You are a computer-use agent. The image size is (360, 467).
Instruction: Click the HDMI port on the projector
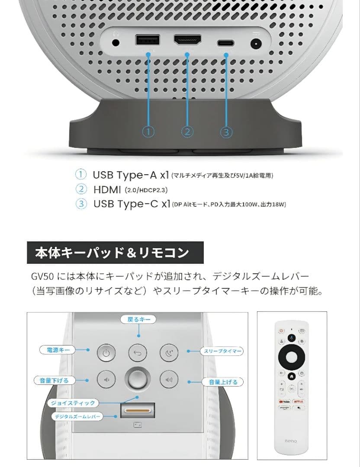pyautogui.click(x=187, y=40)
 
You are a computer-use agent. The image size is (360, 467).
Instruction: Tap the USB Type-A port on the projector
pyautogui.click(x=148, y=40)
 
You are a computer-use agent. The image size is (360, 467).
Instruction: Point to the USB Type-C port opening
pyautogui.click(x=226, y=43)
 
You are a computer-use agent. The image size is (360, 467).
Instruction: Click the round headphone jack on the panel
pyautogui.click(x=116, y=43)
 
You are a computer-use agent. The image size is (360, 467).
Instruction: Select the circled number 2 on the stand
pyautogui.click(x=187, y=131)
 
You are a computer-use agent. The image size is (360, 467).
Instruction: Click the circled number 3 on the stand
pyautogui.click(x=226, y=132)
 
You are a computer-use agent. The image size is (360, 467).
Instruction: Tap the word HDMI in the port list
pyautogui.click(x=107, y=189)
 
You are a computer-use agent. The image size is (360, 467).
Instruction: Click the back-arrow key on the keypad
pyautogui.click(x=138, y=353)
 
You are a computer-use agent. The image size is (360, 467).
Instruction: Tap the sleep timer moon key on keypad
pyautogui.click(x=169, y=353)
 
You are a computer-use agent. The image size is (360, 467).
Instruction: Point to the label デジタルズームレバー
pyautogui.click(x=77, y=417)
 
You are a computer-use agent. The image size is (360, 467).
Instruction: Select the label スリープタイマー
pyautogui.click(x=222, y=351)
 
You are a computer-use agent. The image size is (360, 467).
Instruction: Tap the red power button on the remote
pyautogui.click(x=281, y=330)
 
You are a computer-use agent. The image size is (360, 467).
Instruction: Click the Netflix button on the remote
pyautogui.click(x=298, y=402)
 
